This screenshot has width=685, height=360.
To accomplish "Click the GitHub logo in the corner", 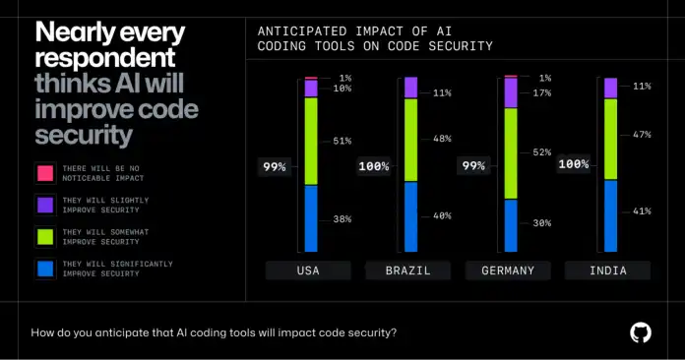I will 641,332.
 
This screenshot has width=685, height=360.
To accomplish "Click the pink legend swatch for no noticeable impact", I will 44,172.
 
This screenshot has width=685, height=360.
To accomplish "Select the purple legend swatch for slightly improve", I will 44,205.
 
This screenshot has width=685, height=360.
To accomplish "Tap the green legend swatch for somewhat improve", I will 44,237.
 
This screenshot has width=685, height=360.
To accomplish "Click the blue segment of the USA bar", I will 311,218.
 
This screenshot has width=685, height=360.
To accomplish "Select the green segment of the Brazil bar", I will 410,140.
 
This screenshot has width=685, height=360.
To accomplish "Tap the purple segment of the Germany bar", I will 510,93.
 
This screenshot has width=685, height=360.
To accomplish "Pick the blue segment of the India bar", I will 610,216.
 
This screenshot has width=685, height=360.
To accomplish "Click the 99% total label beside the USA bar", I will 275,167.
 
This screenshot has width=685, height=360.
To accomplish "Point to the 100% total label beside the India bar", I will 573,164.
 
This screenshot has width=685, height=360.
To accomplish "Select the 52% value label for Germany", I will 540,152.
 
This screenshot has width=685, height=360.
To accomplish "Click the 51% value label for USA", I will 342,141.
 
